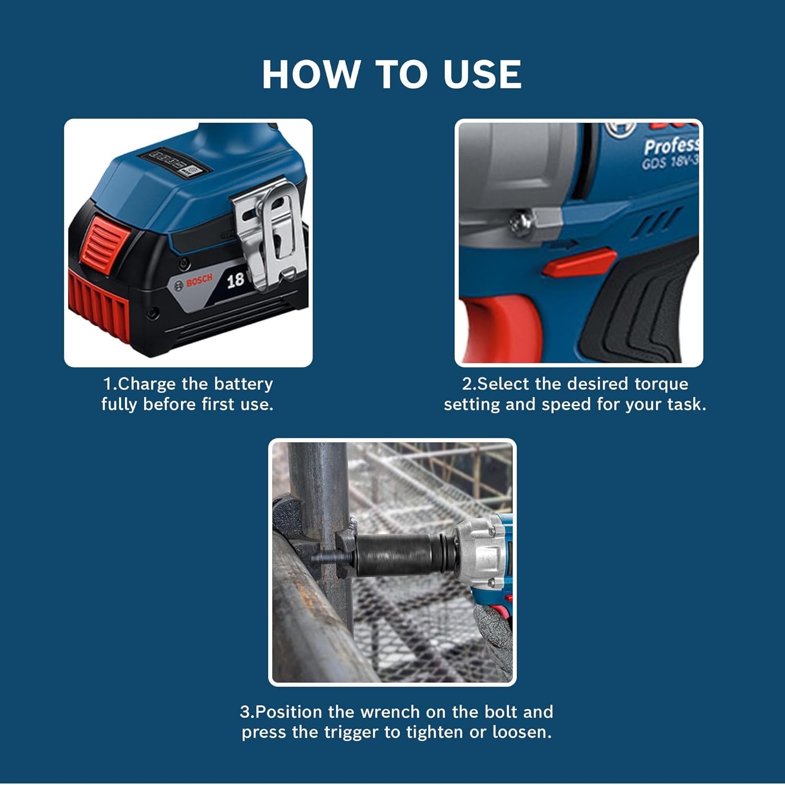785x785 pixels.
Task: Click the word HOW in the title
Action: coord(311,74)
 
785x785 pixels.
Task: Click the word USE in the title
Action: coord(482,74)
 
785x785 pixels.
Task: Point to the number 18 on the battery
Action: coord(235,280)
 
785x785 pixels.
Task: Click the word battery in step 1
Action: coord(243,384)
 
